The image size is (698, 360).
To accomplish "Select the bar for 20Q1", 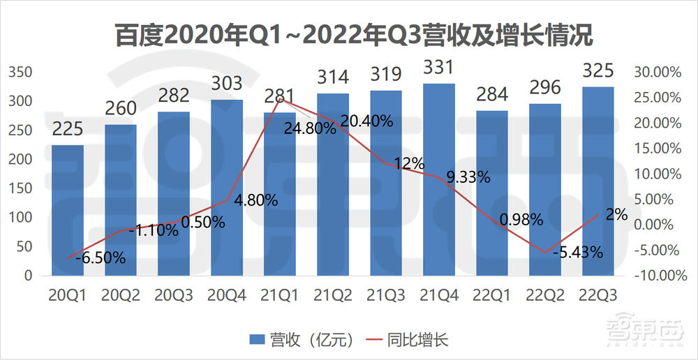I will click(x=68, y=209).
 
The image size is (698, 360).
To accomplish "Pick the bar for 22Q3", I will click(x=598, y=181).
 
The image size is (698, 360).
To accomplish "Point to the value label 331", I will click(x=439, y=68).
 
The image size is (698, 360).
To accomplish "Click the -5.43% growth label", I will click(x=577, y=252).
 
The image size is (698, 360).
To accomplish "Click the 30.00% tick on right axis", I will click(x=660, y=73).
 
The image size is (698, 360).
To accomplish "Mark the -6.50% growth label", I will click(x=101, y=257).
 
